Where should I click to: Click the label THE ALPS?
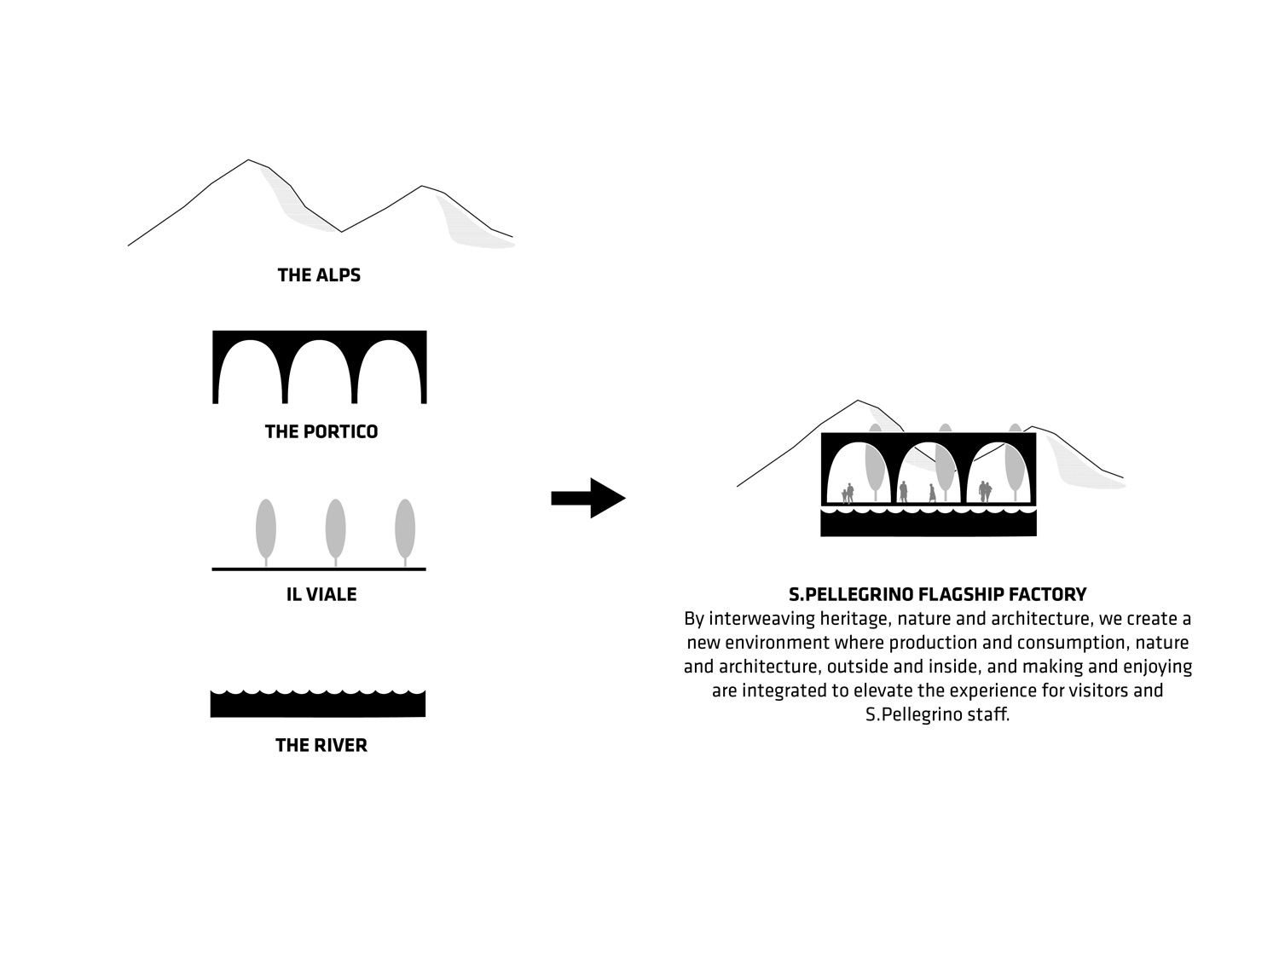(x=319, y=275)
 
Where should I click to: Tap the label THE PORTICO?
(x=321, y=431)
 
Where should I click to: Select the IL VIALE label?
(x=321, y=594)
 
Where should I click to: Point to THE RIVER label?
(x=321, y=745)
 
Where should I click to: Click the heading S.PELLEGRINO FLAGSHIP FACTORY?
(x=937, y=594)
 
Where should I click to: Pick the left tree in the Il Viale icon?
(x=266, y=529)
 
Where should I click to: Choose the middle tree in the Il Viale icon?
(x=335, y=529)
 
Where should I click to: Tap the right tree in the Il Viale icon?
(x=405, y=529)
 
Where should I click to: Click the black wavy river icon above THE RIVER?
(x=318, y=705)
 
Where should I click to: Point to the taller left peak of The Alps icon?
(x=248, y=161)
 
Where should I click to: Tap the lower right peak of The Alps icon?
(x=422, y=187)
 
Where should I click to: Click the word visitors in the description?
(x=1094, y=690)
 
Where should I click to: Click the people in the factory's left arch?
(x=848, y=493)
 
